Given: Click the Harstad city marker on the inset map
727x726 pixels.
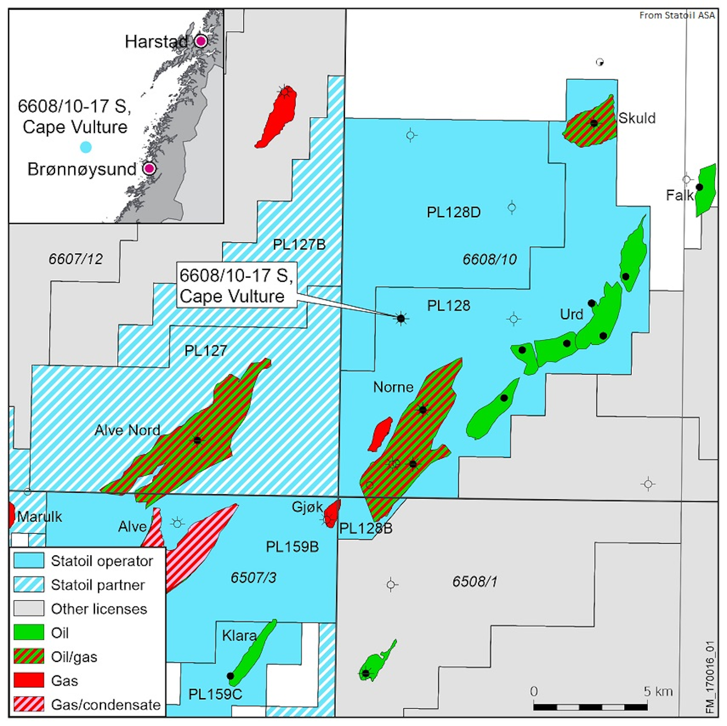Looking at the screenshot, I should [x=201, y=41].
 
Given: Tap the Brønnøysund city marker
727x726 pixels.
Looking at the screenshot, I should [x=149, y=168].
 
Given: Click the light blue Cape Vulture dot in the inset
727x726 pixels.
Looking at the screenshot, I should [x=86, y=147].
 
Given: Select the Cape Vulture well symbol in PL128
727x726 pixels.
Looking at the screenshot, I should [x=401, y=319].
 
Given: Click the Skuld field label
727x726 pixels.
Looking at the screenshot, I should [x=637, y=118].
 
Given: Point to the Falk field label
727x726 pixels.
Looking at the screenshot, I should [x=679, y=195].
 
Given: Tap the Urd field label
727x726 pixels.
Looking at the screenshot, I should [x=572, y=314].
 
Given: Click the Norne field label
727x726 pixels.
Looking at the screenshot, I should [x=393, y=387].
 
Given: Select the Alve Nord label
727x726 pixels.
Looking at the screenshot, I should [x=127, y=430].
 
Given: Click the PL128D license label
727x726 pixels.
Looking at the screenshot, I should [x=453, y=212].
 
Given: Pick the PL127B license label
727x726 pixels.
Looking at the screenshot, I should [x=299, y=245].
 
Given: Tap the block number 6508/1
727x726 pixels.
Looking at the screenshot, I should [x=475, y=582].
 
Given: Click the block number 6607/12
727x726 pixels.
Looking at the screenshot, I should [x=76, y=259].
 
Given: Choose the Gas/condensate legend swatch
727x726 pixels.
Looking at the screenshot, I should [x=29, y=704].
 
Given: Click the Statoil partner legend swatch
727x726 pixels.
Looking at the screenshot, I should [x=29, y=585].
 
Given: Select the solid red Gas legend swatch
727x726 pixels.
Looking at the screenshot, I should [x=29, y=681].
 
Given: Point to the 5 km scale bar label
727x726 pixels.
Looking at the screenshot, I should [x=658, y=692].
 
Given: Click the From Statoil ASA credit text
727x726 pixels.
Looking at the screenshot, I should [x=677, y=16].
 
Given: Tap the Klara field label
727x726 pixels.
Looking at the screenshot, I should [x=239, y=635].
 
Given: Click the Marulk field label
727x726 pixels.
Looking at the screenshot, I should [x=39, y=516].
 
